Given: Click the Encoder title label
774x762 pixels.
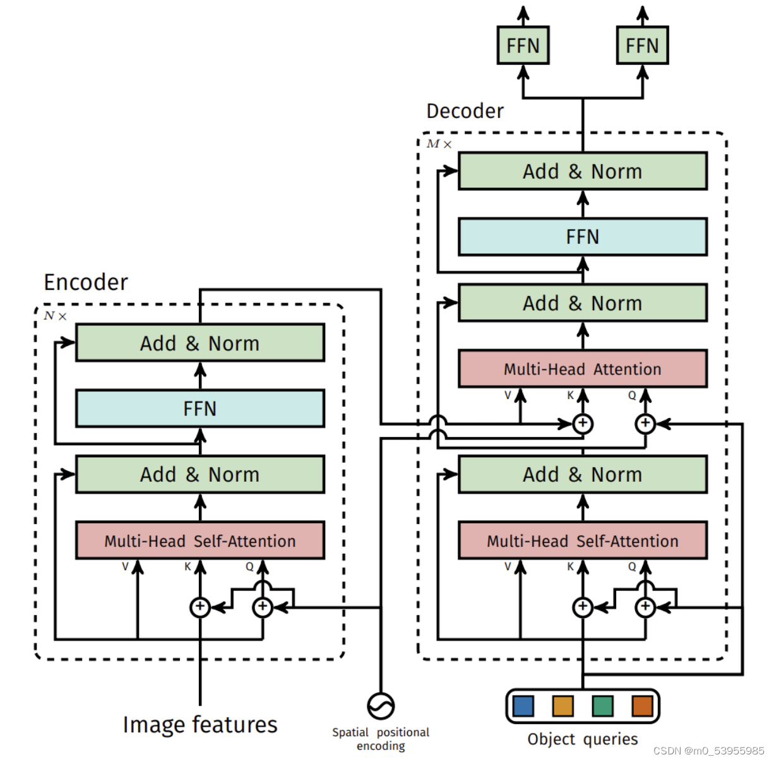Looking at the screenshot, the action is (x=86, y=282).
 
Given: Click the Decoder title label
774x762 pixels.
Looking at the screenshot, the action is (x=465, y=111).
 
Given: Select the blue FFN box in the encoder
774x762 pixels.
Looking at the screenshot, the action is (x=200, y=408).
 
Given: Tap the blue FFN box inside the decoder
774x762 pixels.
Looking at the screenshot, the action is (x=583, y=237).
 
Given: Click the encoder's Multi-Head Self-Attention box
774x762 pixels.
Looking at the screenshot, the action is (x=200, y=540).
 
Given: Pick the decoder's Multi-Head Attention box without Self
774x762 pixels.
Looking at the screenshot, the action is (x=583, y=369).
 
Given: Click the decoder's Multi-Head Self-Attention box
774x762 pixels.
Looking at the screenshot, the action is (x=583, y=540).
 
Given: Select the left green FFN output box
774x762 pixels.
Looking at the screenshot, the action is (x=523, y=45).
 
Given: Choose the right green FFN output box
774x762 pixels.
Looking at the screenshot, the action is (x=642, y=45).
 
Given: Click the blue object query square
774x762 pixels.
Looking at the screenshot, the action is (x=523, y=706).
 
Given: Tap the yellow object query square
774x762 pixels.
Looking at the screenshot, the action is (x=563, y=706).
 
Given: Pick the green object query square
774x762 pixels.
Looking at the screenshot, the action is (x=602, y=706).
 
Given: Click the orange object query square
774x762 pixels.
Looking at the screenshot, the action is (x=642, y=706).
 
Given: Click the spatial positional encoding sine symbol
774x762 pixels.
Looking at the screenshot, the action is (x=381, y=706).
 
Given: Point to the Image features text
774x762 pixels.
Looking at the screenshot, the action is (x=200, y=725).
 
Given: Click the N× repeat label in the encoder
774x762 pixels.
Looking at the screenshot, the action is (x=55, y=316).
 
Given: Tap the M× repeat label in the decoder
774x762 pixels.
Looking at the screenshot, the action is (x=439, y=144).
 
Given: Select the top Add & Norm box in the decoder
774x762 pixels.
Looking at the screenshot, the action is (x=583, y=170).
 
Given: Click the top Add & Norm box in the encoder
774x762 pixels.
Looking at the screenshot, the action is (x=200, y=343).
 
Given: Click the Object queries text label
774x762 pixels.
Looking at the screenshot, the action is (x=583, y=739).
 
